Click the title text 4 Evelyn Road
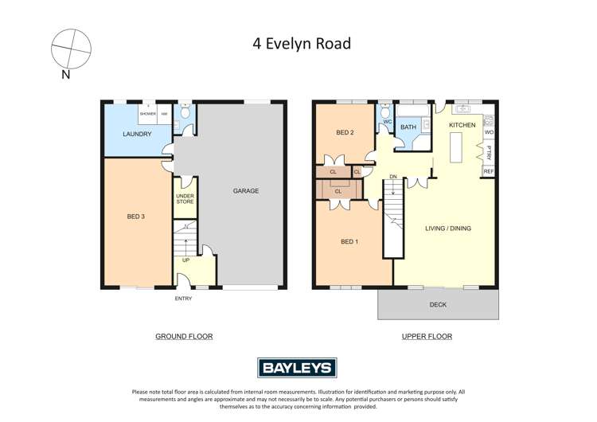pos(298,44)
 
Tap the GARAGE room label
pos(245,191)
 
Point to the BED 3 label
pos(136,217)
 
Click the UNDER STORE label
pos(185,198)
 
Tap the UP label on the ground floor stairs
pos(185,260)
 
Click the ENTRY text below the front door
pos(184,299)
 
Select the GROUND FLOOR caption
pos(184,337)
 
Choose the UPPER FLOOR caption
pos(427,337)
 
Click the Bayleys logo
pos(298,368)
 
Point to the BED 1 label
pos(349,242)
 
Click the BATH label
pos(408,127)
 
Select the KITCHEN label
pos(462,126)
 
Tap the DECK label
pos(438,304)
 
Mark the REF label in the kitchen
pos(489,172)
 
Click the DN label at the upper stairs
pos(392,177)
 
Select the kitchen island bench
pos(458,147)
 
